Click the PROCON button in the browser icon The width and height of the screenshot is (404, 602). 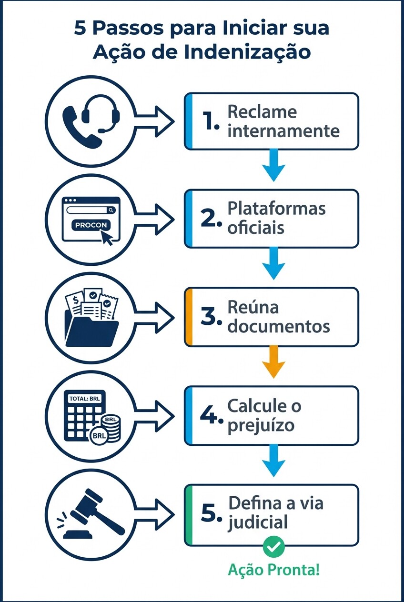tap(91, 225)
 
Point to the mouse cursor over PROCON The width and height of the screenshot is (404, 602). tap(107, 237)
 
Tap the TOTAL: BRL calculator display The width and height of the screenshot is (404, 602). tap(85, 399)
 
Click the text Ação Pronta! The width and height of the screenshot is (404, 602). tap(273, 569)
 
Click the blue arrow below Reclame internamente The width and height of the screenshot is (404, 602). tap(273, 165)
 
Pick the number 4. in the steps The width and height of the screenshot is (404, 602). tap(212, 415)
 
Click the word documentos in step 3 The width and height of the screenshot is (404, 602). tap(279, 327)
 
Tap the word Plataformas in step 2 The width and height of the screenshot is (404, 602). tap(276, 209)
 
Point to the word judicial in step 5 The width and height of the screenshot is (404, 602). tap(258, 523)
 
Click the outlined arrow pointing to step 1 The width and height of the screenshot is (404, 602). tap(155, 122)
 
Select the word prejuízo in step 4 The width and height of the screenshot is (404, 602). tap(261, 425)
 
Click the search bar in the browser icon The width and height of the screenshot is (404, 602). tap(91, 210)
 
